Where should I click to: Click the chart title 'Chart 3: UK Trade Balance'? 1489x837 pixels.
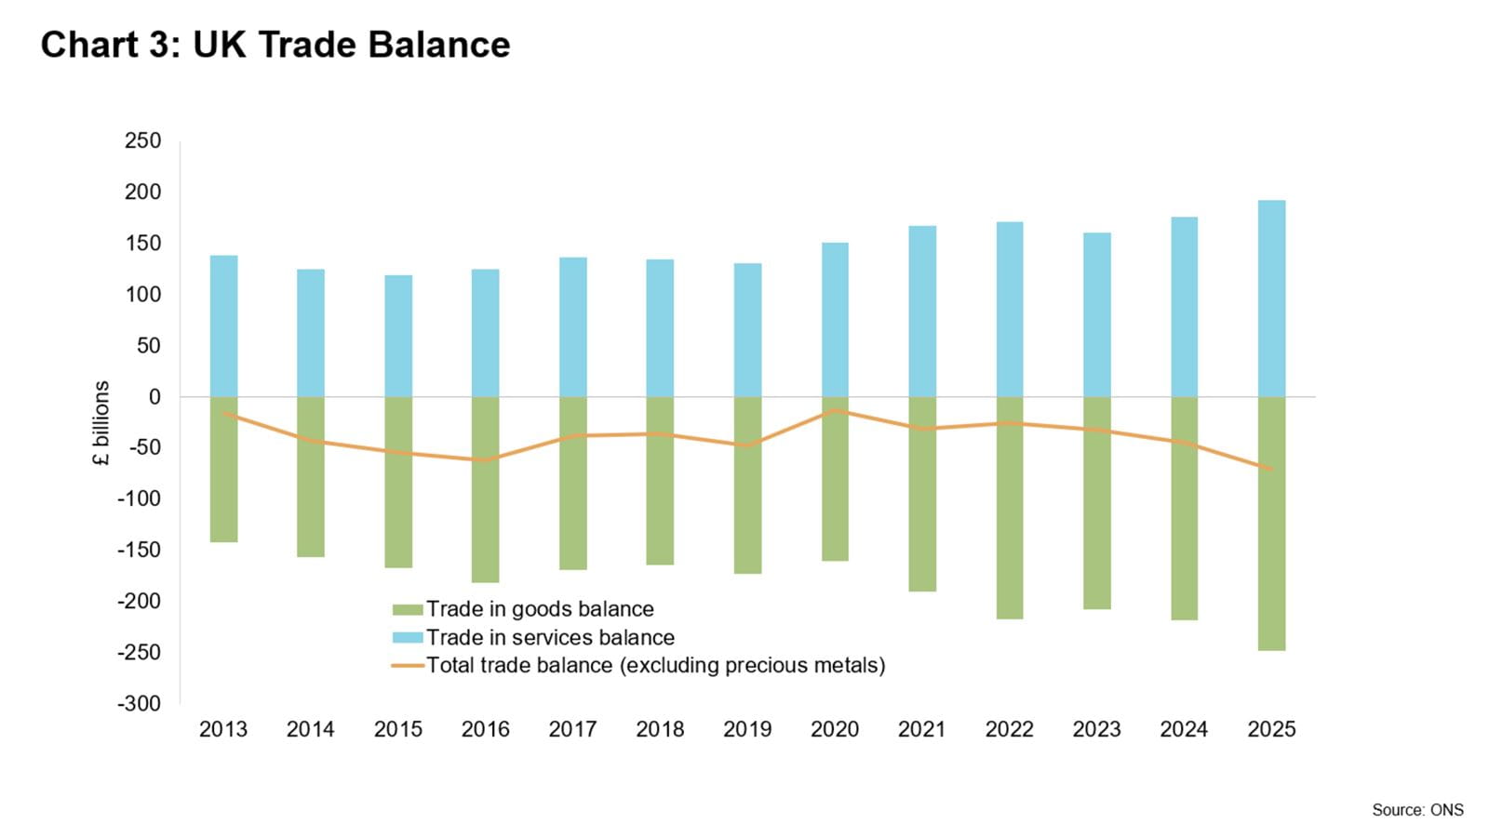(275, 45)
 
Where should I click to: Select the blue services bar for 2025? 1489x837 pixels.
(1271, 298)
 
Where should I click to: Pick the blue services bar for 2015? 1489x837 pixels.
(398, 336)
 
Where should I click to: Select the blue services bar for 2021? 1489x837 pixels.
(922, 311)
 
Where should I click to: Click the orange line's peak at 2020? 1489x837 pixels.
(835, 409)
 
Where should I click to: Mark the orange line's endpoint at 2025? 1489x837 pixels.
(1271, 469)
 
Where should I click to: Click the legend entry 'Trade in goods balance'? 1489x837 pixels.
(540, 609)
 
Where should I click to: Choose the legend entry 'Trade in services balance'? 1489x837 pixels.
(550, 638)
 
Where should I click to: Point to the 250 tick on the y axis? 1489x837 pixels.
(142, 141)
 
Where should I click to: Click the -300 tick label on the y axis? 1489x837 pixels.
(139, 704)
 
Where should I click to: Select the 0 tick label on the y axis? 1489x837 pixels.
(154, 397)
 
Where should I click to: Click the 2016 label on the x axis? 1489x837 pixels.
(485, 730)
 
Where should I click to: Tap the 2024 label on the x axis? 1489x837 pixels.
(1184, 730)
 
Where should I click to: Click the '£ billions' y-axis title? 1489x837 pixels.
(101, 423)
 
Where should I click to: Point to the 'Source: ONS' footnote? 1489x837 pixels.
(1416, 810)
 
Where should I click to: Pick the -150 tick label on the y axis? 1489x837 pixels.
(139, 551)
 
